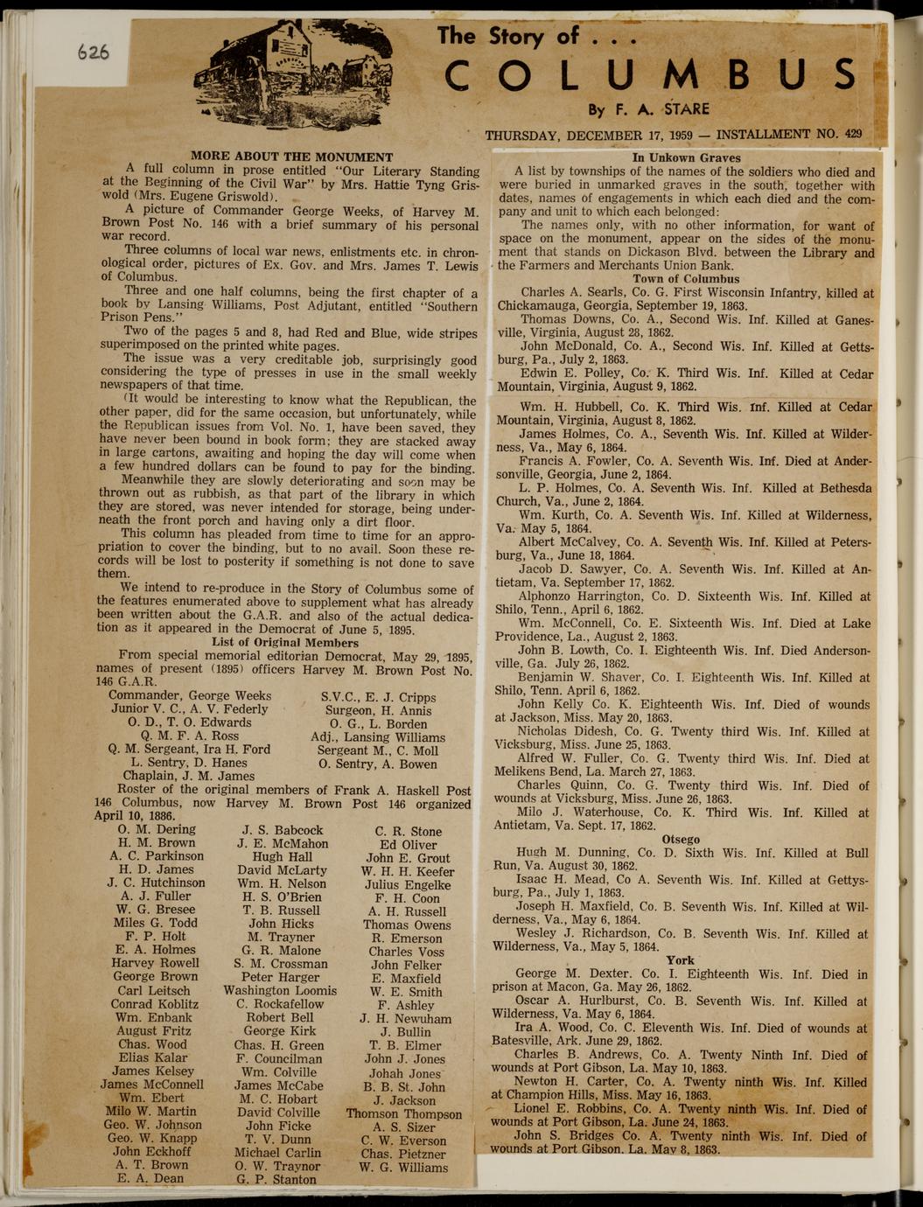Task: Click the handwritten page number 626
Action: [x=93, y=52]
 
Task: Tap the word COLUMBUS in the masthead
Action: [x=650, y=75]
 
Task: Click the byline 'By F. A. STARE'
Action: [x=648, y=110]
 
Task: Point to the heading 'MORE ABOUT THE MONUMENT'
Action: [x=291, y=157]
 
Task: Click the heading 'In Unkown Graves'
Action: [x=686, y=158]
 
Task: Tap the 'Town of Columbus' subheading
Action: [x=686, y=279]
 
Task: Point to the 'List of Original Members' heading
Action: [x=285, y=642]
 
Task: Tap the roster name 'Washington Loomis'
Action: [x=280, y=991]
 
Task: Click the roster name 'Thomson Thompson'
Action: [x=403, y=1113]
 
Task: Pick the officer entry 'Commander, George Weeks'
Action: [x=190, y=695]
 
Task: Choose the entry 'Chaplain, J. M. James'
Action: [x=189, y=776]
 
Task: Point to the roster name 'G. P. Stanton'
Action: [x=276, y=1179]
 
